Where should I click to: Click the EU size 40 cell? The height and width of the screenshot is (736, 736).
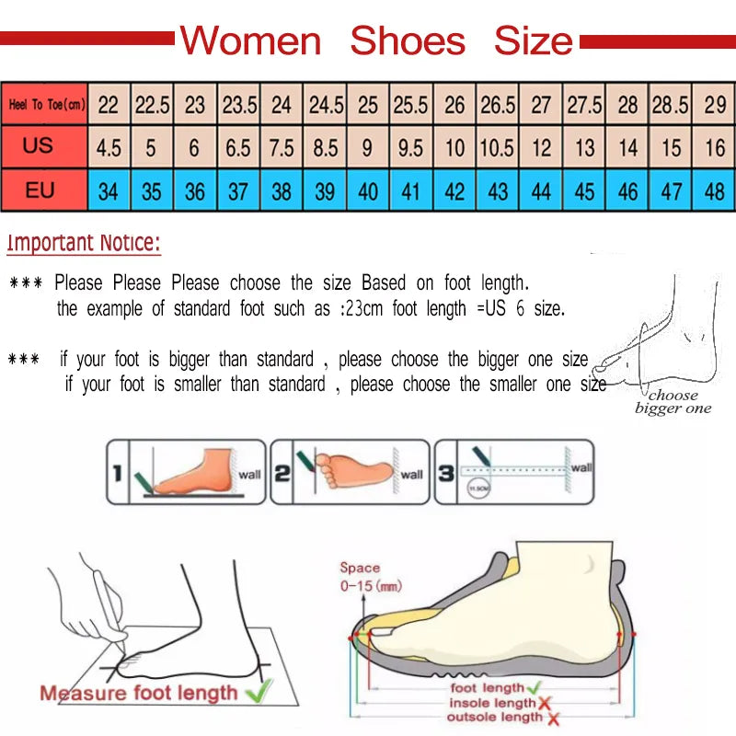368,192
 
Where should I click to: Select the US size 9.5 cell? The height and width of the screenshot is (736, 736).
411,148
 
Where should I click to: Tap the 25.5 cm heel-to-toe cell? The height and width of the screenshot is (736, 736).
411,105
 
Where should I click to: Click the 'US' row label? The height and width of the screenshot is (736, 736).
39,146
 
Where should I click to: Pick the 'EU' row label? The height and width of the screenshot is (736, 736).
39,191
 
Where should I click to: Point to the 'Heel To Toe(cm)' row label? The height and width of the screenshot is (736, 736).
46,105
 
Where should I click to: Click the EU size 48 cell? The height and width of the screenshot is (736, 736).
715,192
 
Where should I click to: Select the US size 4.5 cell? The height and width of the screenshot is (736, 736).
109,148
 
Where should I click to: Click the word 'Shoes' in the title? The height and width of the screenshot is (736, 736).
408,41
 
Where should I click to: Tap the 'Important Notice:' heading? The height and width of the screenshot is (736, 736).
84,244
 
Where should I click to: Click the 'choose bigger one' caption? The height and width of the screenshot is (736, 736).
673,402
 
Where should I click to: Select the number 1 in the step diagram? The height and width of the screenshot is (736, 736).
117,473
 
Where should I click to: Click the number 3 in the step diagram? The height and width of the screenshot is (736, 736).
444,473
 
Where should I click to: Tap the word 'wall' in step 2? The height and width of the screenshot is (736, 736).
412,475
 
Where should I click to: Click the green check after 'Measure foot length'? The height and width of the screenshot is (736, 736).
259,689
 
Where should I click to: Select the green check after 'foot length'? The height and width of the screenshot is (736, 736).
533,687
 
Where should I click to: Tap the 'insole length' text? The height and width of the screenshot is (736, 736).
491,703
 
